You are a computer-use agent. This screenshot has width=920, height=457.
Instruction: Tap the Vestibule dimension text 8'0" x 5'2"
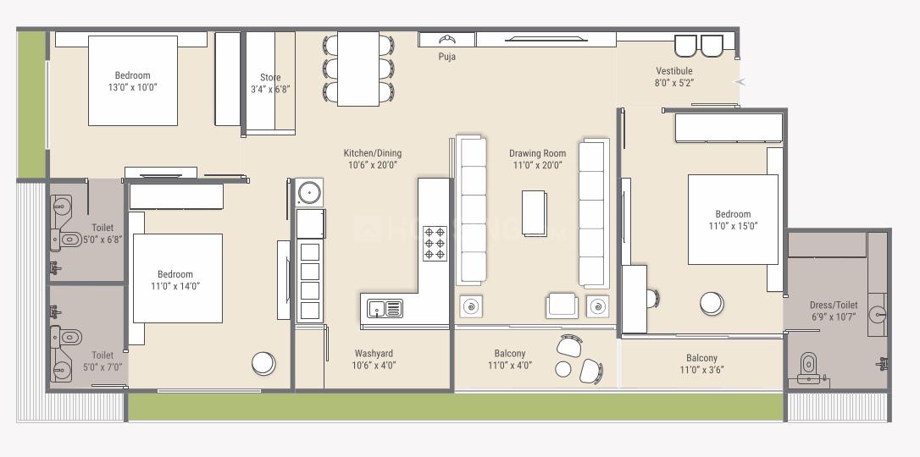[673, 83]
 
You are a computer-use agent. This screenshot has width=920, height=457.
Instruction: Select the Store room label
[269, 78]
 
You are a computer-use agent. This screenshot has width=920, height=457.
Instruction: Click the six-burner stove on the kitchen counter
[435, 243]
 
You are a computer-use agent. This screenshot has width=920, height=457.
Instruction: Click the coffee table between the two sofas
[535, 212]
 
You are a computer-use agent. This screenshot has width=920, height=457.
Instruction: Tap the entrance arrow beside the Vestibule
[740, 82]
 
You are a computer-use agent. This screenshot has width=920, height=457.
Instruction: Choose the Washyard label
[374, 354]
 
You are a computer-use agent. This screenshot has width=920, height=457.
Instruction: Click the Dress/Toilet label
[833, 305]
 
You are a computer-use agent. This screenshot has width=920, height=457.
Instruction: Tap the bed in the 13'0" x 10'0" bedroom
[133, 80]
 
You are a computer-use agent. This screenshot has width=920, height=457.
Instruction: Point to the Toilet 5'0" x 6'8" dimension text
[103, 240]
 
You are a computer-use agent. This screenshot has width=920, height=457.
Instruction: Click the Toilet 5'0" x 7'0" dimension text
[103, 367]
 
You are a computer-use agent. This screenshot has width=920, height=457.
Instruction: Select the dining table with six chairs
[357, 69]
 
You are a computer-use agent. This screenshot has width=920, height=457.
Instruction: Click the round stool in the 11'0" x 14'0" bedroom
[263, 363]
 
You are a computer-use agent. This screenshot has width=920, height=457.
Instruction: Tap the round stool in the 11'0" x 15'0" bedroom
[712, 303]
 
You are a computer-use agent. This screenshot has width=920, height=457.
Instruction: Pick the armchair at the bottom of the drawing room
[563, 305]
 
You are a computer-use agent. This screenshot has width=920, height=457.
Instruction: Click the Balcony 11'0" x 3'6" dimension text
[701, 370]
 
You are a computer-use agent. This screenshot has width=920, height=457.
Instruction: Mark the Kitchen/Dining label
[372, 153]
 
